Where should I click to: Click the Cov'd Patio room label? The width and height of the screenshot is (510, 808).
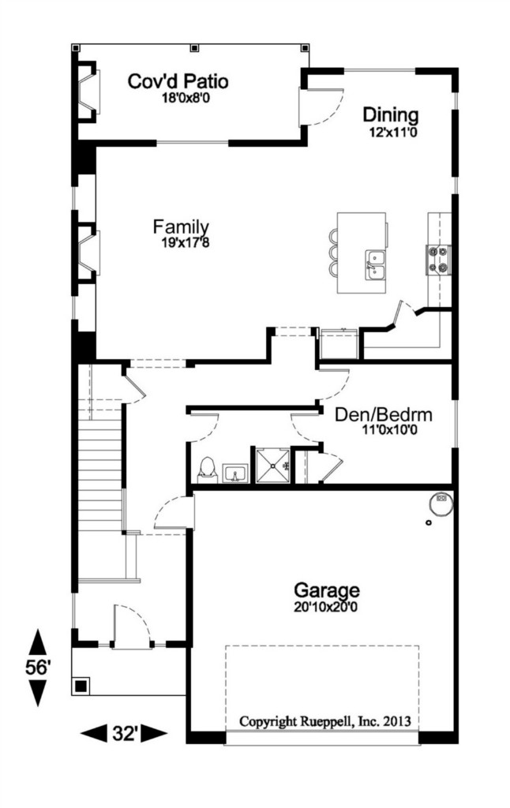[x=178, y=81]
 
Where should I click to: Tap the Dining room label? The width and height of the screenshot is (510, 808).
[x=390, y=114]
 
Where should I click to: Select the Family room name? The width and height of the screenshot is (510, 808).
[x=181, y=226]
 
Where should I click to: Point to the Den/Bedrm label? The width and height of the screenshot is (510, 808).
[x=383, y=415]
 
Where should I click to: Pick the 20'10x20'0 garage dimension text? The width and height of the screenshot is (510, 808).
[x=326, y=608]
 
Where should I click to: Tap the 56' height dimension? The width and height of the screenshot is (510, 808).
[x=38, y=668]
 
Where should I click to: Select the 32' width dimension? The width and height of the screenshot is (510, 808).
[x=124, y=733]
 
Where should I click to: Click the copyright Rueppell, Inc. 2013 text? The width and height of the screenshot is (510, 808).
[x=325, y=721]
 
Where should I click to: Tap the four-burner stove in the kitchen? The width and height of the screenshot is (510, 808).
[x=438, y=259]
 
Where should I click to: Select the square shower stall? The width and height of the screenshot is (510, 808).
[x=272, y=466]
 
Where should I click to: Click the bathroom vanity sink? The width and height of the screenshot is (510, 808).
[x=235, y=473]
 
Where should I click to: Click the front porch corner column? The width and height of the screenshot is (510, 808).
[x=81, y=686]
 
